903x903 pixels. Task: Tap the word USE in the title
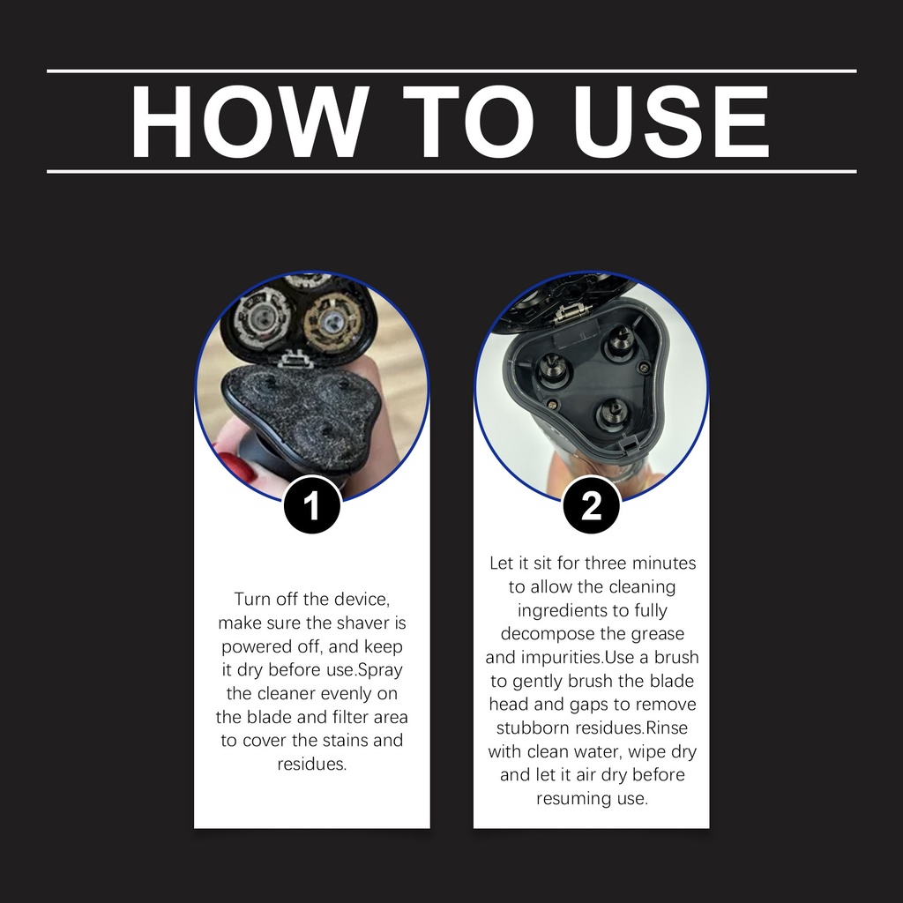tap(671, 122)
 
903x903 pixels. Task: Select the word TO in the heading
tap(468, 122)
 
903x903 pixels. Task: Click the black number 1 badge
tap(311, 505)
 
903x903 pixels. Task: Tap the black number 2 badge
tap(592, 505)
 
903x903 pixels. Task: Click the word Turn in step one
tap(253, 599)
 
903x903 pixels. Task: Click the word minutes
tap(661, 563)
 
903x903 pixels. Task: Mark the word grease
tap(658, 635)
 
